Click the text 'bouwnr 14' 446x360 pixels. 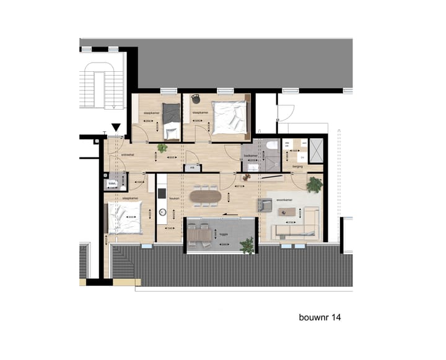pos(319,317)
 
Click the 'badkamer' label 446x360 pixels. pos(250,155)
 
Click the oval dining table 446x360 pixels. pos(205,198)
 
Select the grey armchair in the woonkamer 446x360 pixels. pos(265,205)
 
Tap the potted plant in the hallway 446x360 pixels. pos(162,148)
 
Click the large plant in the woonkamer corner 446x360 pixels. pos(315,184)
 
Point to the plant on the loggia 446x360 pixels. pos(248,246)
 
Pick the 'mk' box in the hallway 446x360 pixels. pos(193,167)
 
